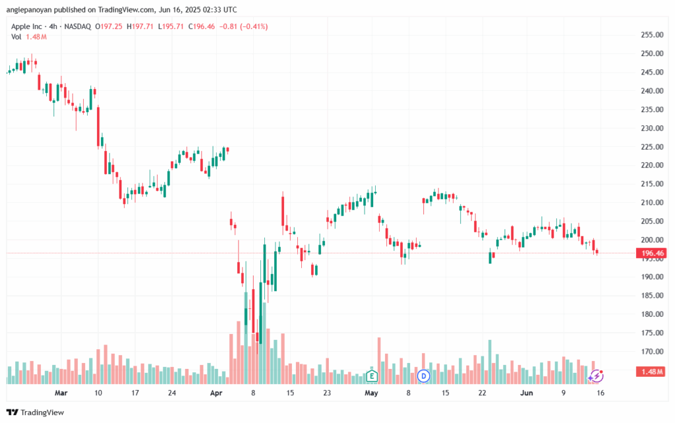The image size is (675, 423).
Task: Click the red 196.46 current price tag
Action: [650, 253]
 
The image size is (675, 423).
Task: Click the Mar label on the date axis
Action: [61, 393]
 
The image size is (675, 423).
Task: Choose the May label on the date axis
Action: [372, 393]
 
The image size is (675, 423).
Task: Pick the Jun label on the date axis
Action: [526, 393]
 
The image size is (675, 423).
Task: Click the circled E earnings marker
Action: [372, 376]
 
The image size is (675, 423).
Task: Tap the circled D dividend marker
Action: [424, 376]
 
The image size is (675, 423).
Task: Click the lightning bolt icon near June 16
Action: [596, 376]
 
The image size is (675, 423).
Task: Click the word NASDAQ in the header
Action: [78, 26]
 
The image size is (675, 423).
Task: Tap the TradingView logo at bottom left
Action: [38, 412]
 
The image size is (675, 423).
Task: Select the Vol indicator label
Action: [16, 37]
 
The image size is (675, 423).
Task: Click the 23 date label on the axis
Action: [327, 393]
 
